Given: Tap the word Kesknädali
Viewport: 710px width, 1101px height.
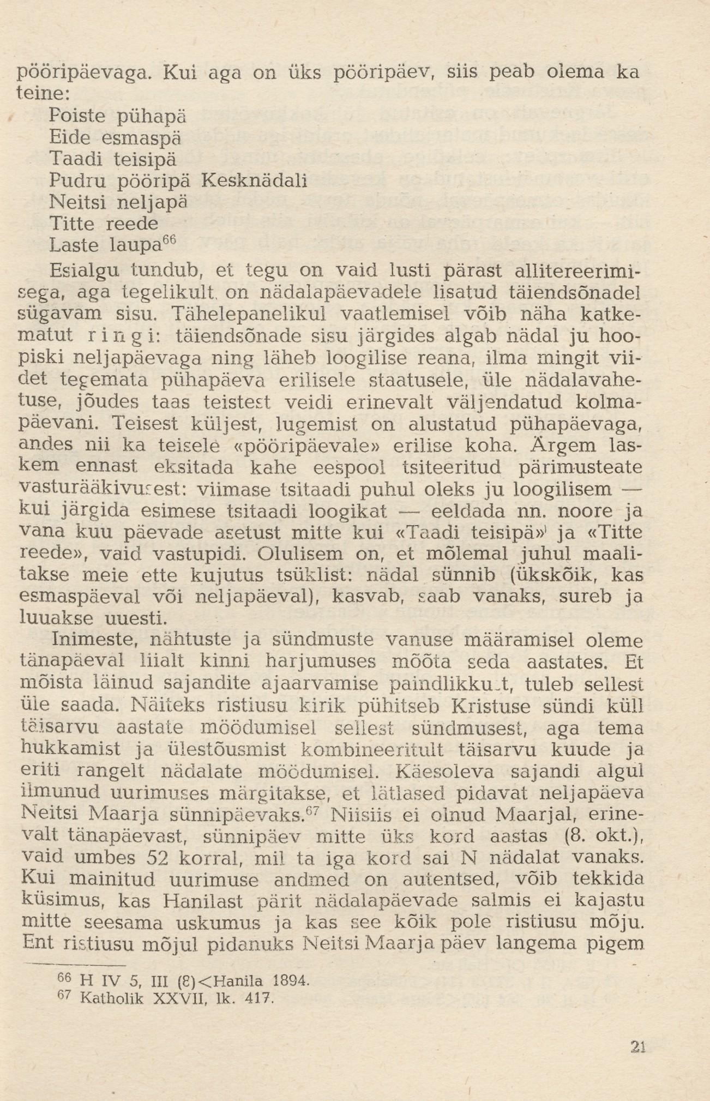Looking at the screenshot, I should (254, 180).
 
